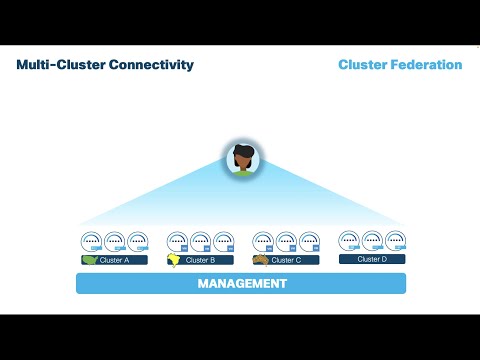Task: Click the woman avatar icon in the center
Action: [x=240, y=157]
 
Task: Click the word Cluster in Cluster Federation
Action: [x=362, y=65]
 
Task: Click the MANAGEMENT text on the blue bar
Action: [x=241, y=283]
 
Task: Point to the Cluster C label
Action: [x=286, y=260]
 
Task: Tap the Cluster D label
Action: [x=372, y=259]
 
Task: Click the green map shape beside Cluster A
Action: [x=91, y=260]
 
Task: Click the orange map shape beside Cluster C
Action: [x=261, y=260]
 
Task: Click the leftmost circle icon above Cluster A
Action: [x=91, y=242]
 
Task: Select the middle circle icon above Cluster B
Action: [x=200, y=242]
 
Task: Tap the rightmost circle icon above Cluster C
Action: [x=309, y=242]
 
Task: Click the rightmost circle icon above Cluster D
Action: [x=395, y=241]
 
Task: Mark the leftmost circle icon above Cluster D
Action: [x=349, y=241]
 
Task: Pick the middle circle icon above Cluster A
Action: [x=114, y=242]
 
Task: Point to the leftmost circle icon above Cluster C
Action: [x=263, y=242]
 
